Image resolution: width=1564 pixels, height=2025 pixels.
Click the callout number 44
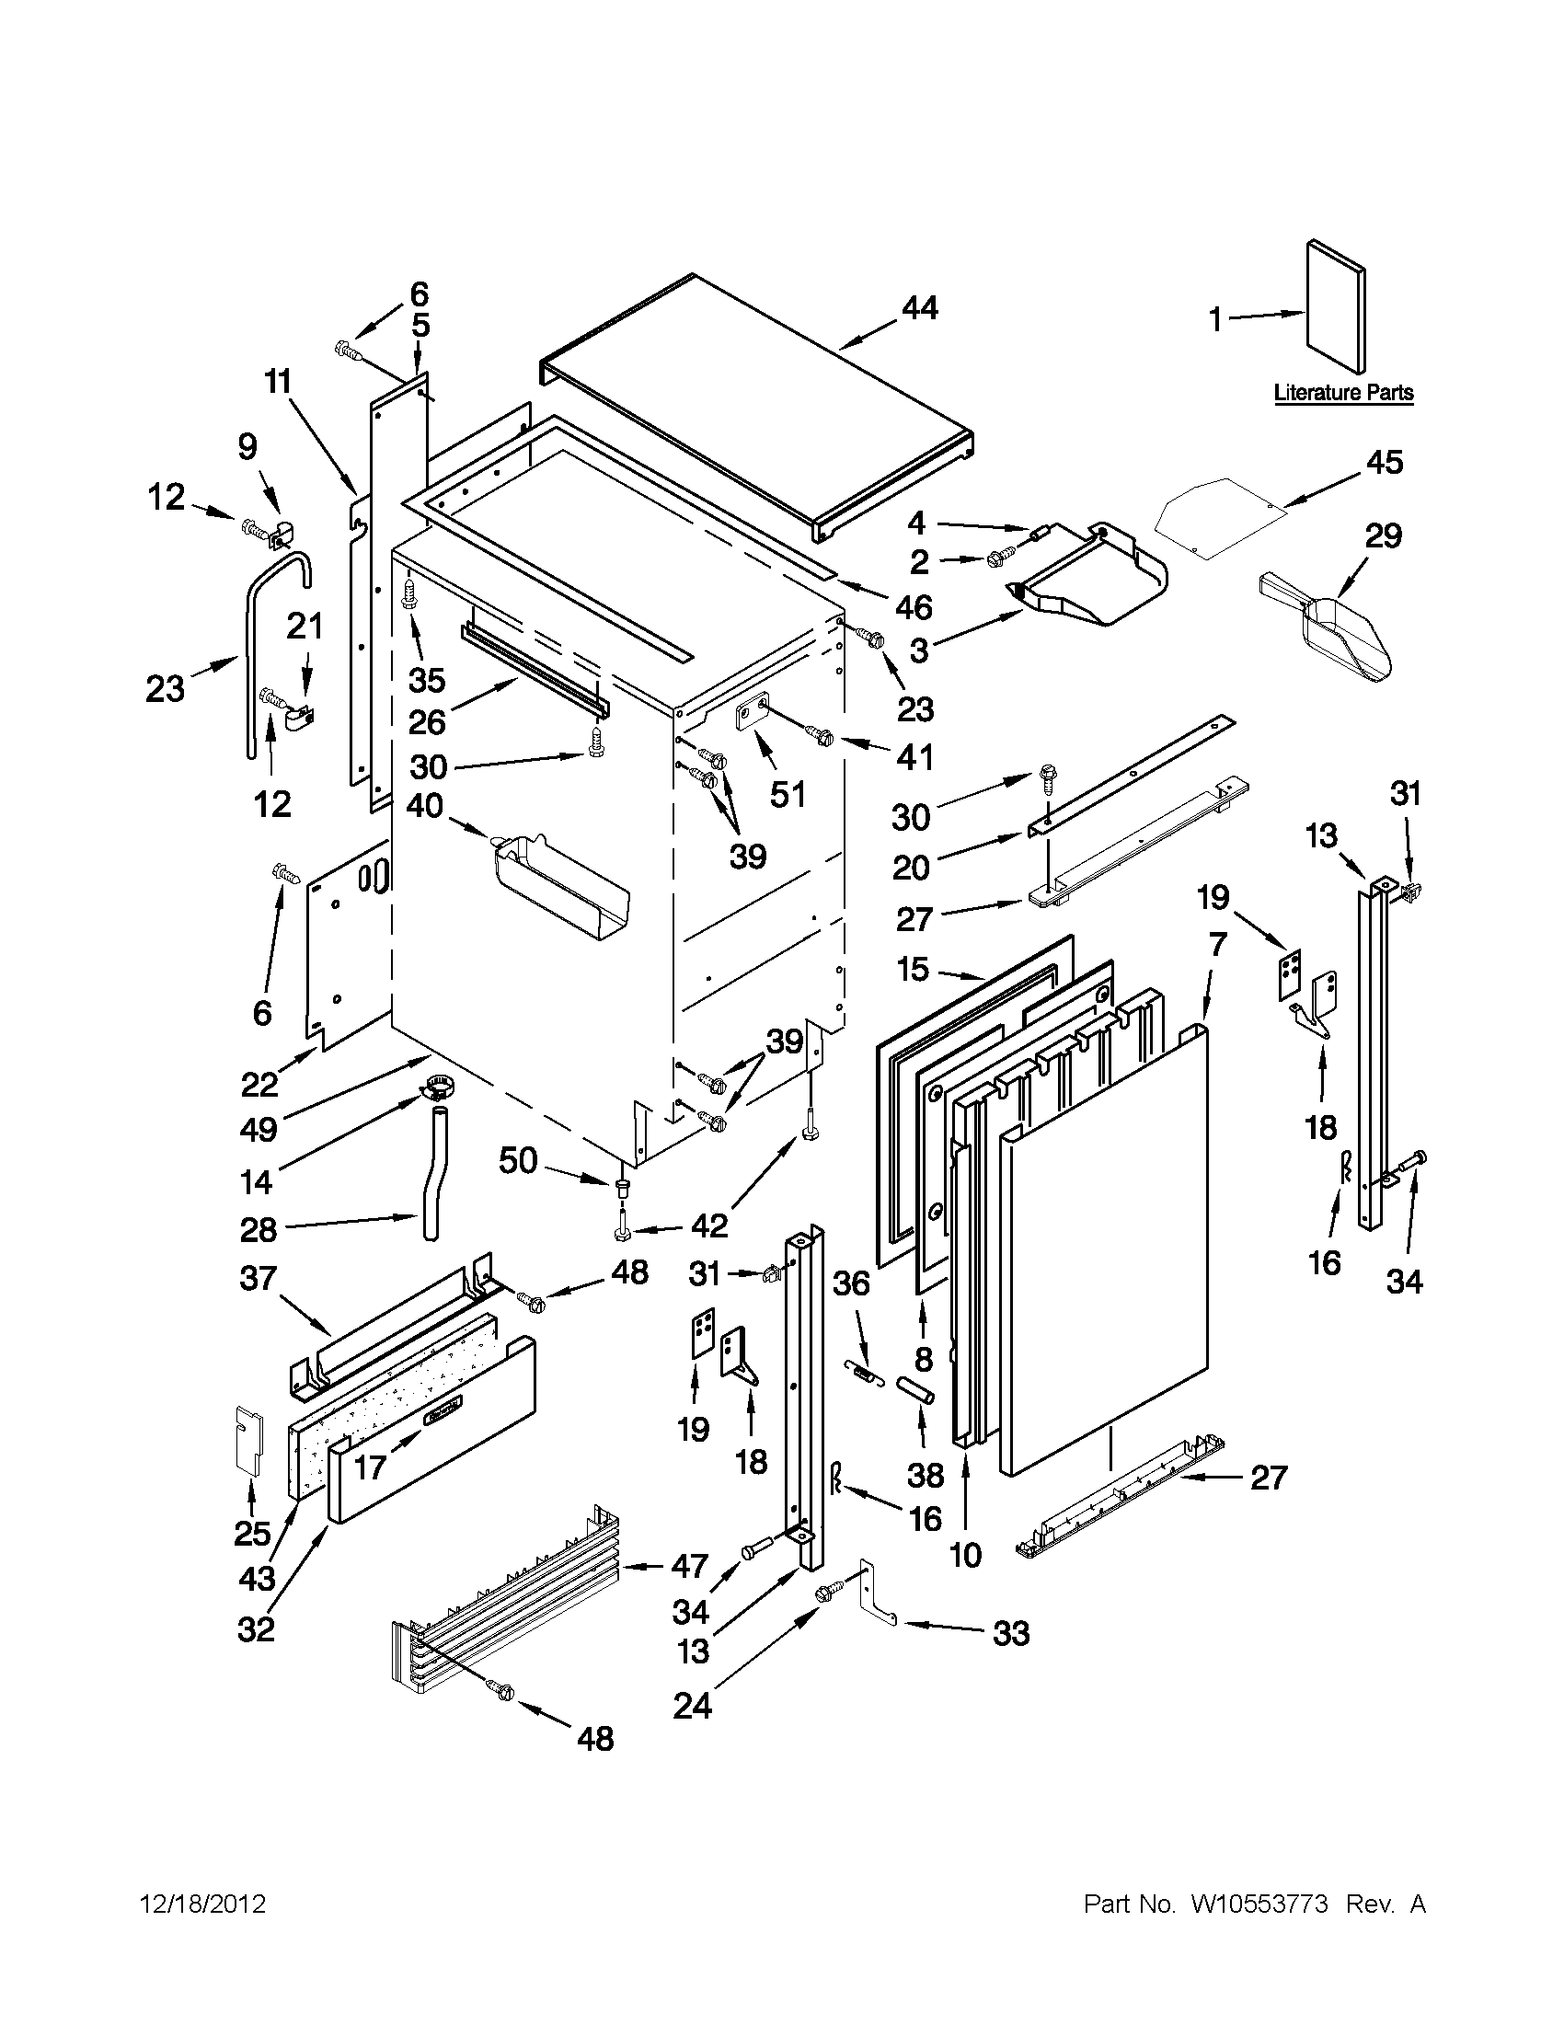(x=920, y=309)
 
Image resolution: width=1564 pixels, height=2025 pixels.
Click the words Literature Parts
(x=1343, y=393)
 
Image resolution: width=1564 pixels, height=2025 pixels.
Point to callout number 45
(x=1386, y=463)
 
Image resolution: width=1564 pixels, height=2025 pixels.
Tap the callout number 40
(x=426, y=805)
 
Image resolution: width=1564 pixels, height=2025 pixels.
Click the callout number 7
(x=1217, y=946)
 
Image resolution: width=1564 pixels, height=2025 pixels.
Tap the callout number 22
(x=260, y=1083)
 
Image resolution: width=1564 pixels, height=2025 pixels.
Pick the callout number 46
(x=914, y=608)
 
